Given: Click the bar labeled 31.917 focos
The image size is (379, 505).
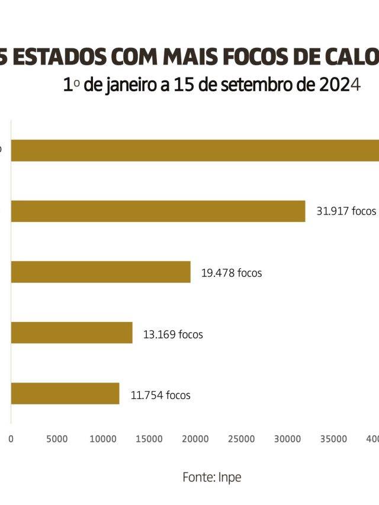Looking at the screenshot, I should coord(158,211).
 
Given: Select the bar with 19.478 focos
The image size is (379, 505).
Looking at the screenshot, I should coord(101,272).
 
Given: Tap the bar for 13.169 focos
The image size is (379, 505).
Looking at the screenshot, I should coord(72,333).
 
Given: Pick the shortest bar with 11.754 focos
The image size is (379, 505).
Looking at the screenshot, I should coord(65,394).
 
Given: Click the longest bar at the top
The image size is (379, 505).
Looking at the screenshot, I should coord(195,150).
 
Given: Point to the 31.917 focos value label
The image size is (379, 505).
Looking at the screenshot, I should coord(346,211).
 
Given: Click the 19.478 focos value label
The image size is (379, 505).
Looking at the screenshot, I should coord(232,273).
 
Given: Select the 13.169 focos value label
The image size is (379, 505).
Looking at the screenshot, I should coord(173,334).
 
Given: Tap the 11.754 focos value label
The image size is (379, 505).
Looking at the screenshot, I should coord(160,395).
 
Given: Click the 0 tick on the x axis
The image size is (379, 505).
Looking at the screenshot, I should coord(11,439).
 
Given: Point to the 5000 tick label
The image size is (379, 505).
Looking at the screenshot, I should coord(57,439).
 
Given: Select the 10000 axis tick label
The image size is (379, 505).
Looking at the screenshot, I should coord(103,439).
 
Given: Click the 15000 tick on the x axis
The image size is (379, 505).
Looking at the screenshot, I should coord(149,439).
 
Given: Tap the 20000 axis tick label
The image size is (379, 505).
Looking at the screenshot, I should coord(195,439).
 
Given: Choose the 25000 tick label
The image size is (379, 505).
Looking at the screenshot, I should coord(242,439).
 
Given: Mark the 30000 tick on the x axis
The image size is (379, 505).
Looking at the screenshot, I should coord(288,439).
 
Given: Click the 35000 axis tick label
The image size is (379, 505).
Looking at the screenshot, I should coord(334,439).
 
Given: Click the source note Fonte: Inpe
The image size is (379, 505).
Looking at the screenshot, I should coord(212,477).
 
